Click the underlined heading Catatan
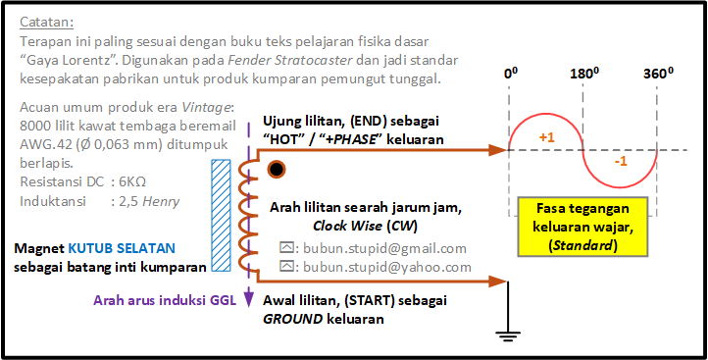47,22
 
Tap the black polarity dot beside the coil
276,170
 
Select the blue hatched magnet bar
222,216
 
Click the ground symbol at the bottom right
508,335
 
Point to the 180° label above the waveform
582,75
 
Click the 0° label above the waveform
511,75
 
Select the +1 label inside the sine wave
547,137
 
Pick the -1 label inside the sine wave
622,162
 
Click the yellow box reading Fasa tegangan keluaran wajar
582,228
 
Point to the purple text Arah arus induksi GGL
165,300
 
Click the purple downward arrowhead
248,299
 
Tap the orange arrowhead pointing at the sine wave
499,150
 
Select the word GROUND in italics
293,319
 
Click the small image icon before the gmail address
285,247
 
